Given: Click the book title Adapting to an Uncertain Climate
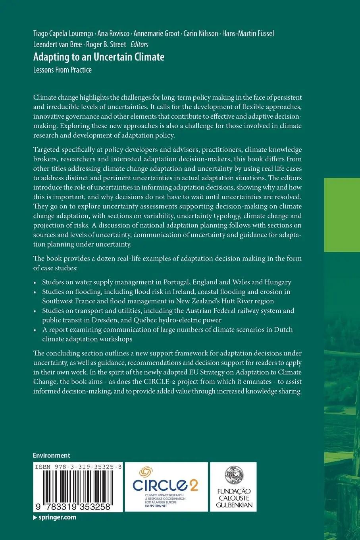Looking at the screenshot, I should [x=99, y=57].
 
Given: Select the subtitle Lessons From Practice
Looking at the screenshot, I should [x=62, y=70].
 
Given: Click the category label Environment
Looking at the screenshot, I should [x=52, y=455].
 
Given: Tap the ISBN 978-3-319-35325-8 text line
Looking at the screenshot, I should [x=78, y=467].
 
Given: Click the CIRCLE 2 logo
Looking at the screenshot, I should [x=166, y=486].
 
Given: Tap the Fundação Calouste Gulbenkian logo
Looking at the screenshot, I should [x=233, y=487].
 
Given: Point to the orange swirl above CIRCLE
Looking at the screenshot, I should [x=146, y=472].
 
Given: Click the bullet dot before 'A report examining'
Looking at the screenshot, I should [x=36, y=330].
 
